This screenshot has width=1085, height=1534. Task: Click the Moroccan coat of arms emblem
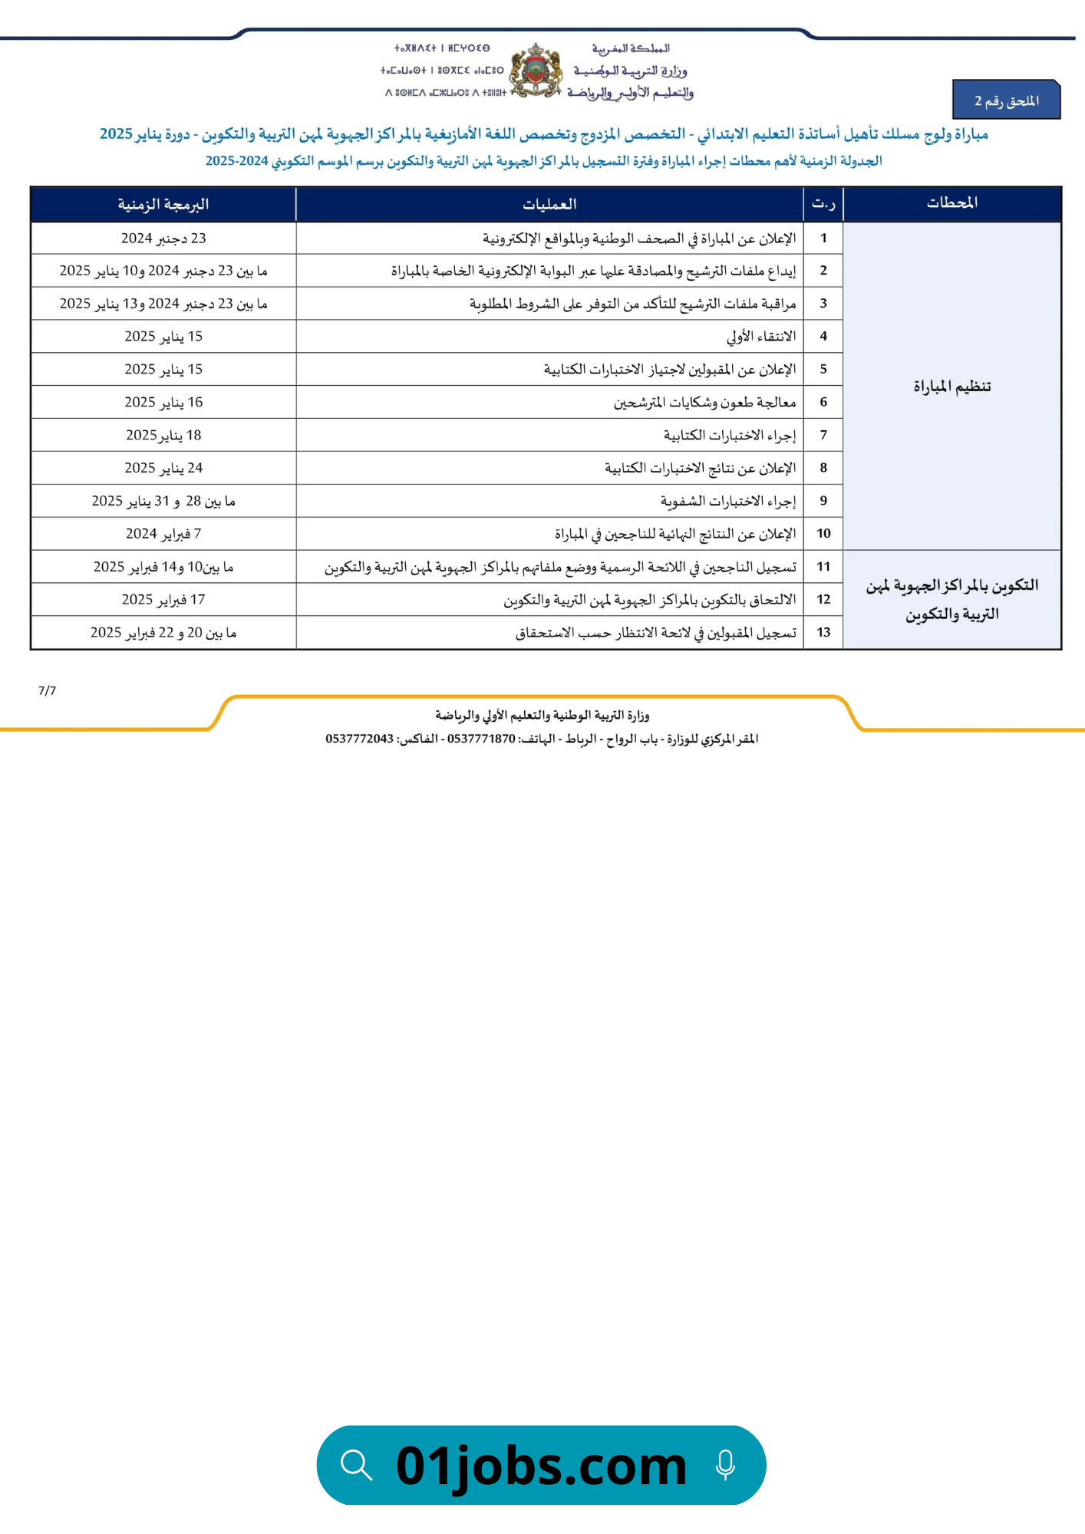coord(536,71)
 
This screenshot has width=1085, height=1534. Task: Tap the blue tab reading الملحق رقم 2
coord(1006,100)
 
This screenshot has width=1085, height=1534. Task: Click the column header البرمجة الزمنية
coord(163,205)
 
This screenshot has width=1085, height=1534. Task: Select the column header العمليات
coord(549,205)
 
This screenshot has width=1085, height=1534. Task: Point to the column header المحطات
coord(951,203)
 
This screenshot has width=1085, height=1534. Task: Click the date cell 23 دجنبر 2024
coord(163,239)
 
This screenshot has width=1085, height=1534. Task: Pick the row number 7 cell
coord(823,435)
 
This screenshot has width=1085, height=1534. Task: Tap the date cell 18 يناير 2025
coord(163,435)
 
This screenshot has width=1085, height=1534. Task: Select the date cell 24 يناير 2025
coord(163,468)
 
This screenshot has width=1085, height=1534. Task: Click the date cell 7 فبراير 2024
coord(163,534)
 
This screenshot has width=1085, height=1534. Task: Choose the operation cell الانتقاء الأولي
coord(760,336)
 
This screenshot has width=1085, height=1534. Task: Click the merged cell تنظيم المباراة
coord(951,386)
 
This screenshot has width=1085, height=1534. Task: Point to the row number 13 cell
coord(823,633)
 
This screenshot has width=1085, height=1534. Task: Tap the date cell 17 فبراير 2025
coord(163,600)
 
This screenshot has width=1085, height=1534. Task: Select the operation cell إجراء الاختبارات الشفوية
coord(727,501)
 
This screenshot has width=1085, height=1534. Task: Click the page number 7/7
coord(47,690)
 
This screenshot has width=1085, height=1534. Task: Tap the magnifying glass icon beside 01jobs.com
coord(357,1465)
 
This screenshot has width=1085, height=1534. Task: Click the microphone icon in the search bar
coord(724,1465)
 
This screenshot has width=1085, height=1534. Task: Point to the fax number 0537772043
coord(359,739)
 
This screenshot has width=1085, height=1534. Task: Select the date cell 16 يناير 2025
coord(163,402)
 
